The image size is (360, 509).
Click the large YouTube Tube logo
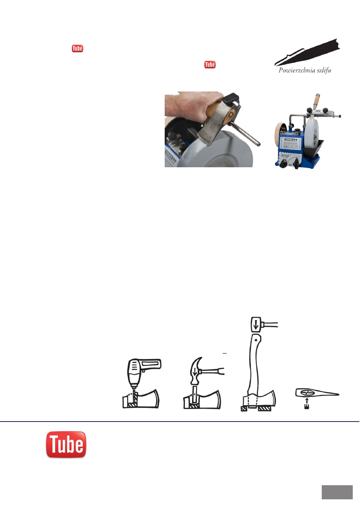pyautogui.click(x=66, y=444)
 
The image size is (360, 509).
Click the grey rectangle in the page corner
pyautogui.click(x=337, y=492)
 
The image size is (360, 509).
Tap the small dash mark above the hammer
pyautogui.click(x=226, y=353)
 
